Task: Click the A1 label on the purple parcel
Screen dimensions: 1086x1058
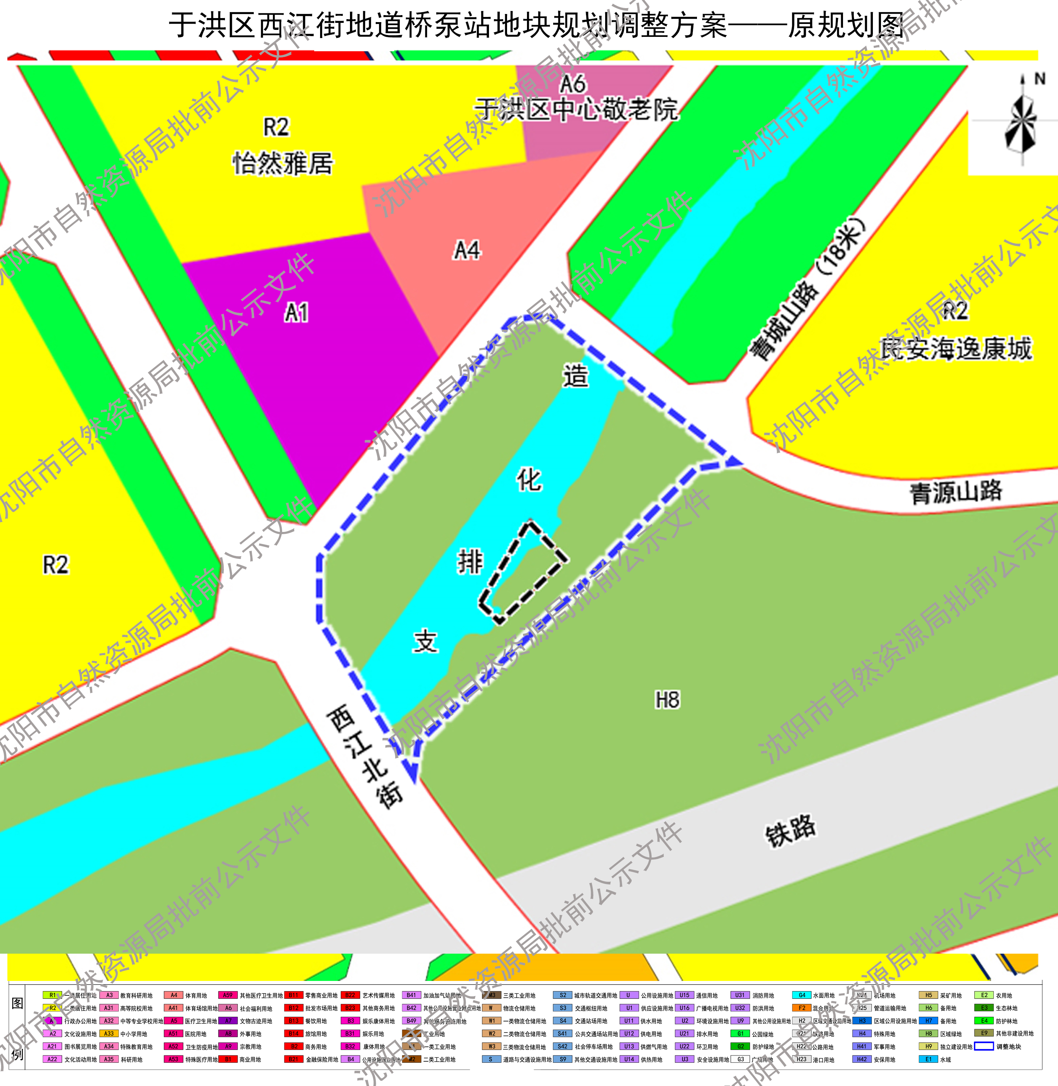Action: point(296,313)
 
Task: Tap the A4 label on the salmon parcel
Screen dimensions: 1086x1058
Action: point(467,251)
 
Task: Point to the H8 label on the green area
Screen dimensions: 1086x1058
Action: point(667,700)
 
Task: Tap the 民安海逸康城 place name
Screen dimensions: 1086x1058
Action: point(956,349)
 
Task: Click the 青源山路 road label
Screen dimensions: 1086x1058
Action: point(956,492)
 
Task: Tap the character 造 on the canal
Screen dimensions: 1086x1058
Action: point(576,376)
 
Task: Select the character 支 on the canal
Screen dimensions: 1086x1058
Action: point(426,641)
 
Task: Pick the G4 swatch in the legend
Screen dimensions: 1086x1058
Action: point(801,995)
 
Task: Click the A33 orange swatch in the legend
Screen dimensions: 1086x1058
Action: point(109,1034)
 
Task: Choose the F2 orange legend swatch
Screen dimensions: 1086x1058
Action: point(801,1008)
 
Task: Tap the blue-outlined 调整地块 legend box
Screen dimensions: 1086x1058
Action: point(984,1047)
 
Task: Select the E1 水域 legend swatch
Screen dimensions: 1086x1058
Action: point(928,1059)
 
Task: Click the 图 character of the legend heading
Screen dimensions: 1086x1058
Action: point(17,1003)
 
